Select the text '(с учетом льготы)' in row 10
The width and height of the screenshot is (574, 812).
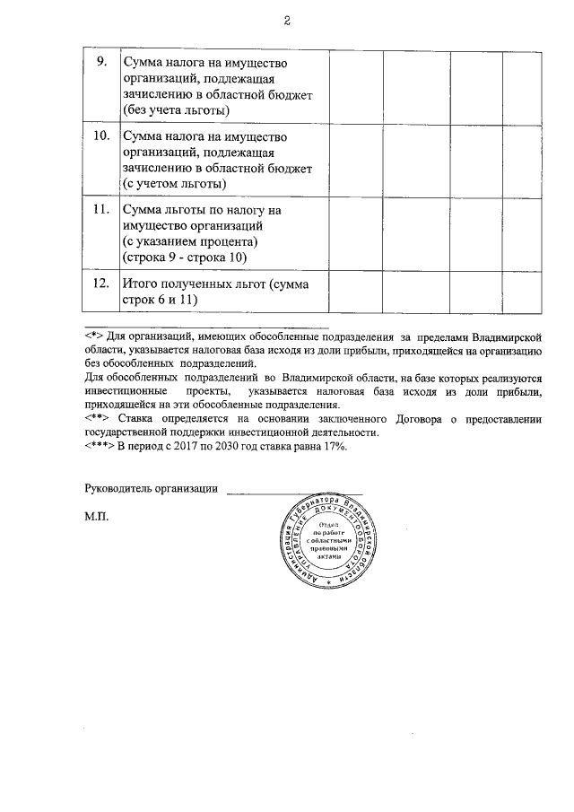(x=174, y=184)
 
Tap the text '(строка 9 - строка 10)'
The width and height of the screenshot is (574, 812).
(x=184, y=258)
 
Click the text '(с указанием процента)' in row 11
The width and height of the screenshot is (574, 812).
(x=189, y=242)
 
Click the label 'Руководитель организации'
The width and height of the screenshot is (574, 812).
(x=151, y=488)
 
